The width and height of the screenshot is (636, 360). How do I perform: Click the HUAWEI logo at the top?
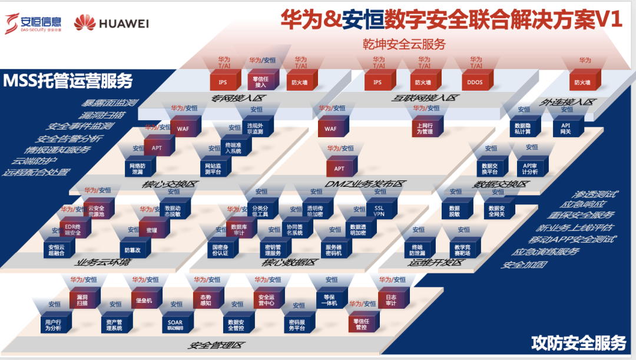(x=111, y=23)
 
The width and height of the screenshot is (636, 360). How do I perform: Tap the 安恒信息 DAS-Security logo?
(x=34, y=23)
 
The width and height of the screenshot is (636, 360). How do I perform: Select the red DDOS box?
(x=475, y=82)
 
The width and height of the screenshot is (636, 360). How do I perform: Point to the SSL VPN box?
(x=379, y=212)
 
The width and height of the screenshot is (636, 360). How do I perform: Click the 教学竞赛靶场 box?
(x=463, y=249)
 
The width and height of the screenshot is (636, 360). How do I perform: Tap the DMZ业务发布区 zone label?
(x=364, y=184)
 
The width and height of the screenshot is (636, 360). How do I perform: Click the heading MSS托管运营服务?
(x=68, y=81)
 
